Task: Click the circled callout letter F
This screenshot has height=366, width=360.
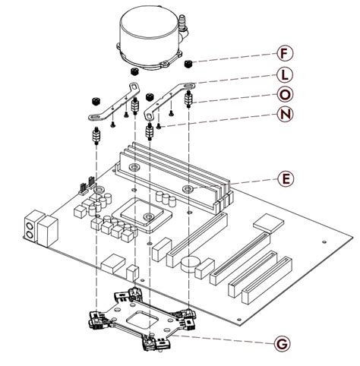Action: click(285, 54)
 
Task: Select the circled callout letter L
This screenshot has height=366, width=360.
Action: click(285, 77)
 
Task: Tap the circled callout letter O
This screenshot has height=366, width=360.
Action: click(285, 94)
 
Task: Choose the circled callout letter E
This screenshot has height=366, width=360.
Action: click(285, 179)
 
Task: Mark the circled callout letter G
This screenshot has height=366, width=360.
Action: click(281, 344)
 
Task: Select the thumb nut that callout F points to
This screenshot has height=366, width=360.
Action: click(195, 63)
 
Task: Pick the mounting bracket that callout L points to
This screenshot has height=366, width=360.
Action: click(168, 99)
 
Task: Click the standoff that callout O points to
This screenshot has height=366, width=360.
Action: click(188, 99)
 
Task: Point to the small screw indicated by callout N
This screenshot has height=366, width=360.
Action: click(159, 125)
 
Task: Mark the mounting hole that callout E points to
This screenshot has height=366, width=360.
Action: click(188, 188)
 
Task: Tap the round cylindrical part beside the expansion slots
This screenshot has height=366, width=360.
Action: click(191, 263)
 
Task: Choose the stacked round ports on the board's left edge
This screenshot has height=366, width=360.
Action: click(31, 229)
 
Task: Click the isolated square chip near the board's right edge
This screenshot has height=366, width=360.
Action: click(267, 222)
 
